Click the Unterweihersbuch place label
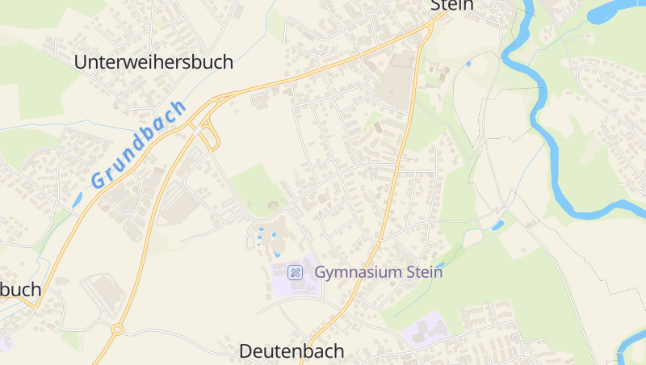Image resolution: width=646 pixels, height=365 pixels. (x=153, y=61)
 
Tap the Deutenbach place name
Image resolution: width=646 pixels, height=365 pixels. (x=292, y=351)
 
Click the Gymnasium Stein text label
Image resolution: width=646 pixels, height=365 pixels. (x=379, y=272)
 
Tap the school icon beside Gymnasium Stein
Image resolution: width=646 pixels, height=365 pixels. (x=296, y=272)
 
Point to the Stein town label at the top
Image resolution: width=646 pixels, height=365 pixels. (x=451, y=6)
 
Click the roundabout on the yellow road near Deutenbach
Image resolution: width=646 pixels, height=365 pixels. (x=117, y=329)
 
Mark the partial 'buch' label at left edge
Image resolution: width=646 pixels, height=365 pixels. (x=19, y=290)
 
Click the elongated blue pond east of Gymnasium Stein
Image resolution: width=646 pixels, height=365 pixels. (x=498, y=224)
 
